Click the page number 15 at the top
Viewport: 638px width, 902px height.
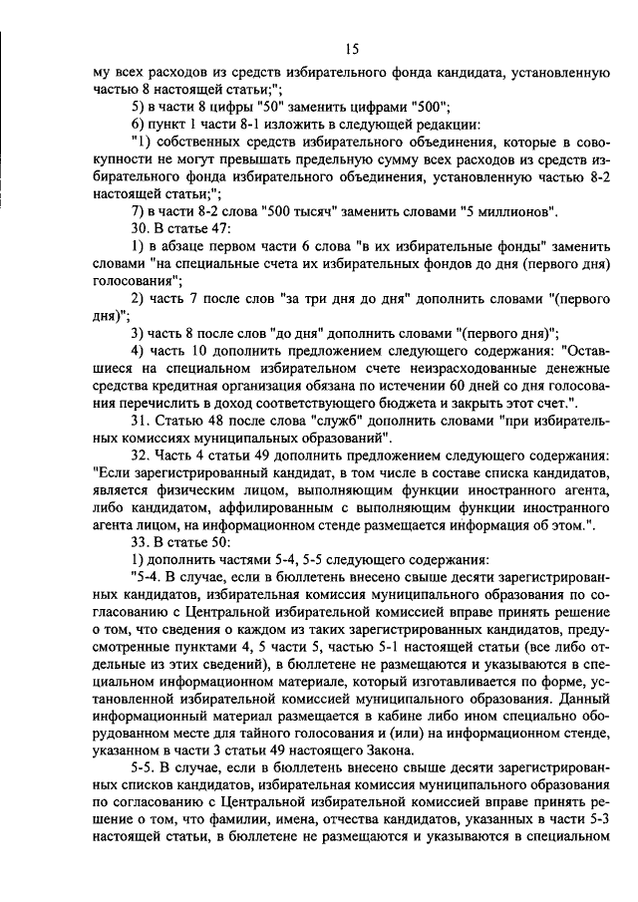pyautogui.click(x=352, y=48)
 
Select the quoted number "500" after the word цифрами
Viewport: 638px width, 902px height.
pyautogui.click(x=428, y=107)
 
